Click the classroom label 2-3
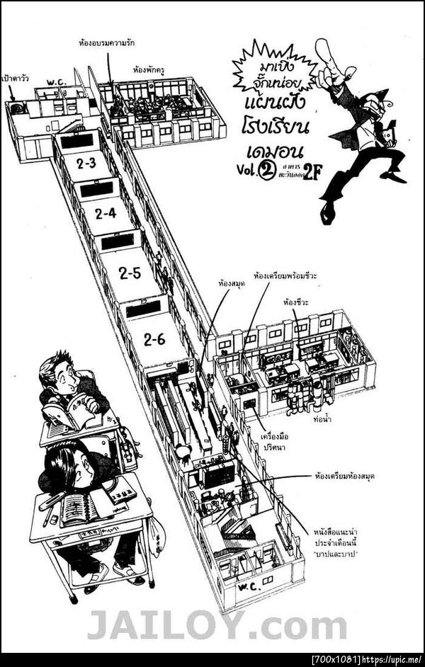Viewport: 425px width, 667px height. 86,164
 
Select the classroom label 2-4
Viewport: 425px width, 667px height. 106,212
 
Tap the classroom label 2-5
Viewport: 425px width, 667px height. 130,272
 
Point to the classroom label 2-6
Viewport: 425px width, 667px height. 154,340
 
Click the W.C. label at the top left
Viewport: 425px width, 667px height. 57,83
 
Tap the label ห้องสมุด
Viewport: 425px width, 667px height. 231,283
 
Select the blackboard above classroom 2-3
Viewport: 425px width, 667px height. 76,141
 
